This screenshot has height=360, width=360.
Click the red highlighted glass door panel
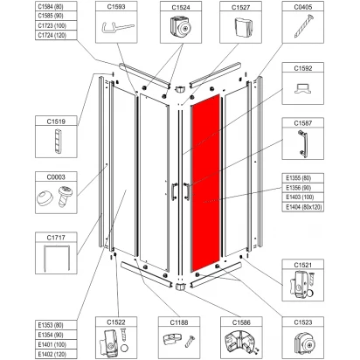[x=205, y=183]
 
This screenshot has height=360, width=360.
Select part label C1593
[x=116, y=6]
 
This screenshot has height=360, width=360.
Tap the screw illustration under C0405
[x=302, y=27]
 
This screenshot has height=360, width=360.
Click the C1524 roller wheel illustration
[x=181, y=27]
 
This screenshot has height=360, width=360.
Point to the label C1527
[x=240, y=7]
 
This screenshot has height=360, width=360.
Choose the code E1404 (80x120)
[x=300, y=207]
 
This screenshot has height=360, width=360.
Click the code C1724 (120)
[x=52, y=35]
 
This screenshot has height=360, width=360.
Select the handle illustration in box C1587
[x=302, y=143]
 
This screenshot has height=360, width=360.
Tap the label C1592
[x=303, y=68]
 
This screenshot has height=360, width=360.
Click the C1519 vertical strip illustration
[x=58, y=142]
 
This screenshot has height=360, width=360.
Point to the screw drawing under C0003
[x=66, y=196]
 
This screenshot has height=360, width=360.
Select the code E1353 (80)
[x=51, y=325]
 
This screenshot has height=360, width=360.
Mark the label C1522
[x=116, y=322]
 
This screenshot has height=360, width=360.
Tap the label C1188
[x=179, y=322]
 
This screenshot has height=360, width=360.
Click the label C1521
[x=303, y=265]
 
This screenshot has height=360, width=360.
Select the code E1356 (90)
[x=299, y=188]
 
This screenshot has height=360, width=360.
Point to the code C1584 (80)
[x=51, y=6]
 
